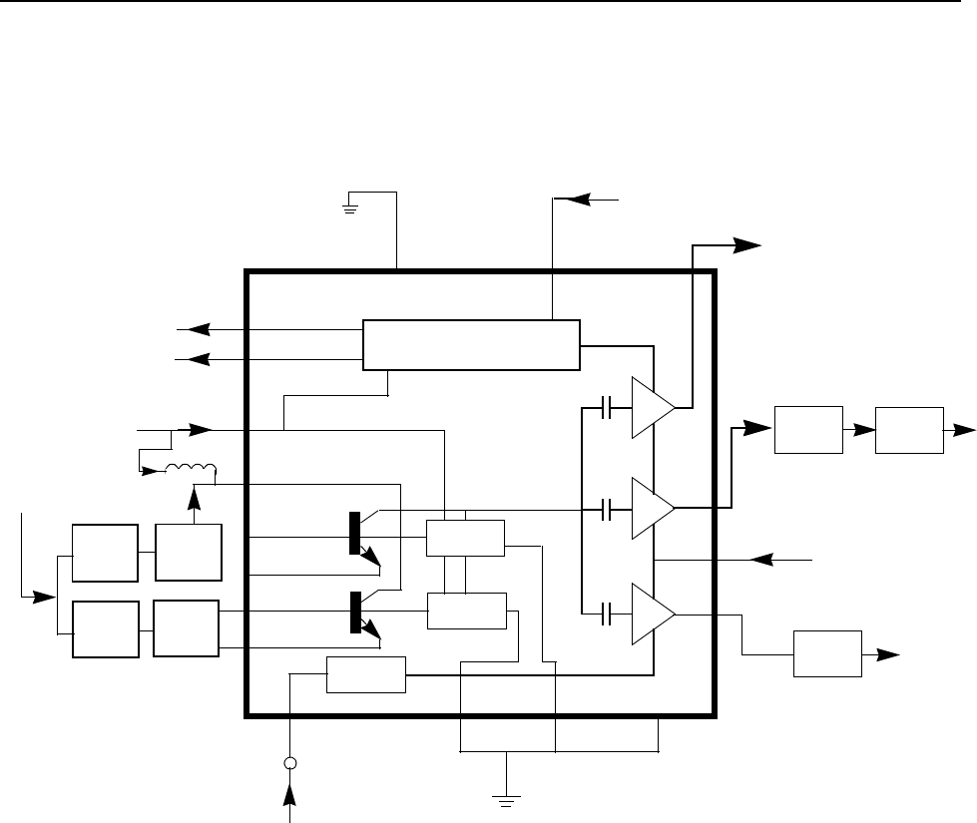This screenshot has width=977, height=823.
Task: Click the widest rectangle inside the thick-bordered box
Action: [471, 344]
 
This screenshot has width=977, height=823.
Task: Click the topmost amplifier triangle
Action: [650, 408]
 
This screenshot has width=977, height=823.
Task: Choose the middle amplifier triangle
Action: [650, 508]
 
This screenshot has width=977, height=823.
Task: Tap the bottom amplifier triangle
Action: [650, 615]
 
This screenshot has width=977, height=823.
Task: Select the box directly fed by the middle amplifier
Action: [809, 430]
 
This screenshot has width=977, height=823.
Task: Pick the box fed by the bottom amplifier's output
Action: [827, 654]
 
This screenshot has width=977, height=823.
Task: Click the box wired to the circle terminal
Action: [366, 674]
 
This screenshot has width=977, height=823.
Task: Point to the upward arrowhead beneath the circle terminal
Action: [290, 792]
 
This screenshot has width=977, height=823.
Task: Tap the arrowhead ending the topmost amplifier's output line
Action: [746, 242]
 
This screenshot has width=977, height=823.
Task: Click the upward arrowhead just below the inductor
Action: [193, 492]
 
